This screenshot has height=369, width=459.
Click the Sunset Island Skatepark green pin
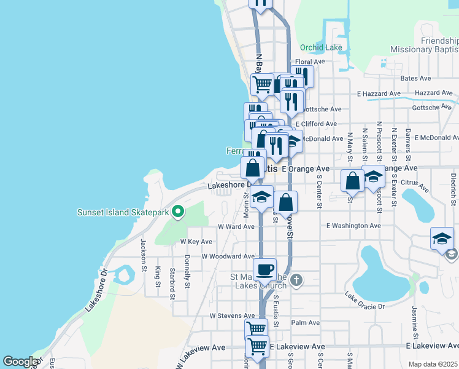[x=178, y=212]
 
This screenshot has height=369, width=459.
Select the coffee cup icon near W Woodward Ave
[x=265, y=269]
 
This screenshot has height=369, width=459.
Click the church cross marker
[x=296, y=281]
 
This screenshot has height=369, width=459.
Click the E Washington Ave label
[x=353, y=226]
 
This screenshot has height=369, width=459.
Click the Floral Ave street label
[x=309, y=62]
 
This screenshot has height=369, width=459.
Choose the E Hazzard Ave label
[x=379, y=93]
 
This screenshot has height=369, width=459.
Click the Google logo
[x=21, y=362]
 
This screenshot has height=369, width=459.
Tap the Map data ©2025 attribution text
[x=432, y=364]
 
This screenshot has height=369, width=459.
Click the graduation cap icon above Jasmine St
[x=442, y=239]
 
